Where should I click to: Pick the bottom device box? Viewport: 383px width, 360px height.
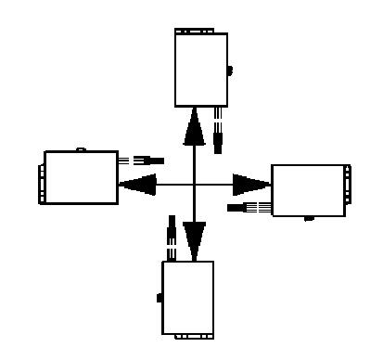point(188,297)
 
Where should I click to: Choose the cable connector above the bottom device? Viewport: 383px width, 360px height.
point(170,237)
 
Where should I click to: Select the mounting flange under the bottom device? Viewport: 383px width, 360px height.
point(188,335)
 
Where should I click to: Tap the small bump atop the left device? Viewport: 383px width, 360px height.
point(82,148)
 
